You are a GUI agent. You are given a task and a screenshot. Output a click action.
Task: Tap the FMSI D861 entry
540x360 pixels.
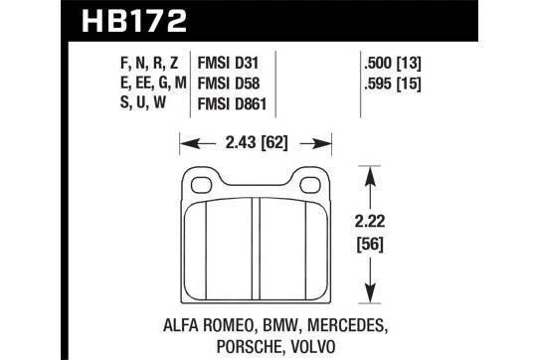click(244, 103)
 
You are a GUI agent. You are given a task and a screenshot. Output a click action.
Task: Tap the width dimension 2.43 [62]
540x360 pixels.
click(258, 139)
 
